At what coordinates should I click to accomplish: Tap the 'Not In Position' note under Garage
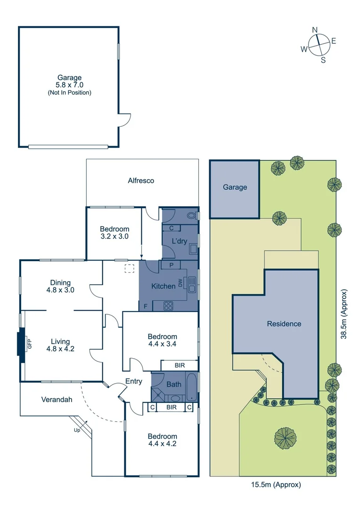pos(69,93)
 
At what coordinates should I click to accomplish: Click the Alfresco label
pos(141,180)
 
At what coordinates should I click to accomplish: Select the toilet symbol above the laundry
pos(191,216)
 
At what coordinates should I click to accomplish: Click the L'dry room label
pos(179,241)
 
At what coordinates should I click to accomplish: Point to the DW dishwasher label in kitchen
pos(180,283)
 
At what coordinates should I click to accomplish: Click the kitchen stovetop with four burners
pos(169,305)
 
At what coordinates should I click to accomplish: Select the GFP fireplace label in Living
pos(29,344)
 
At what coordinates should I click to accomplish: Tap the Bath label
pos(174,384)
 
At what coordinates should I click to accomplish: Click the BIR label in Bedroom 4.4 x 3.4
pos(179,365)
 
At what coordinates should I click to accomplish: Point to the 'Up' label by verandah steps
pos(76,430)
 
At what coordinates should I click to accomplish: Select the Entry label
pos(133,381)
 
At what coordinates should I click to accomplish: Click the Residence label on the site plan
pos(284,324)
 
